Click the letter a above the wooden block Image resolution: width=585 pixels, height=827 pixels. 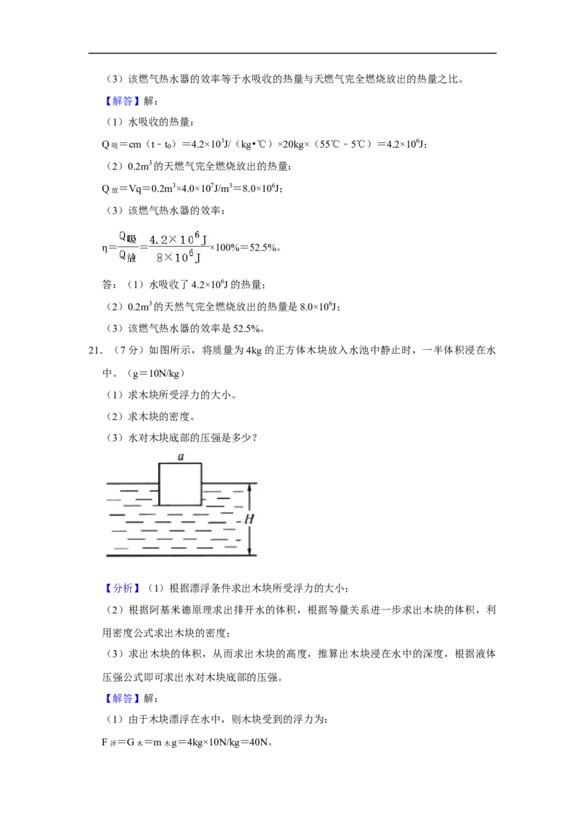pyautogui.click(x=181, y=456)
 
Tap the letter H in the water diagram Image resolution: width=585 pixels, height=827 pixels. pyautogui.click(x=249, y=519)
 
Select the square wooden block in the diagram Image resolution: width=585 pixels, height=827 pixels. pyautogui.click(x=180, y=484)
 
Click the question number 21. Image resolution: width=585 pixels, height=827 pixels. pyautogui.click(x=95, y=350)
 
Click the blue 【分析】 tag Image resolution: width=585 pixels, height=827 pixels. pyautogui.click(x=122, y=588)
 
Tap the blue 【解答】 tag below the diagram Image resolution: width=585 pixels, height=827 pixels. pyautogui.click(x=122, y=698)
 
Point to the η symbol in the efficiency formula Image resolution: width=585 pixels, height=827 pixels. pyautogui.click(x=105, y=248)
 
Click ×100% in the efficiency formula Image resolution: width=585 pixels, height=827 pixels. pyautogui.click(x=225, y=248)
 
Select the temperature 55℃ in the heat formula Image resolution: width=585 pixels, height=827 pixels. pyautogui.click(x=329, y=144)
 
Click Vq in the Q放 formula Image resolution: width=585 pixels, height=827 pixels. pyautogui.click(x=135, y=188)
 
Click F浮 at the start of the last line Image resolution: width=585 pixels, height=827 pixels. pyautogui.click(x=109, y=742)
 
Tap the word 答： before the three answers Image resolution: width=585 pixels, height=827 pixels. pyautogui.click(x=109, y=285)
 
